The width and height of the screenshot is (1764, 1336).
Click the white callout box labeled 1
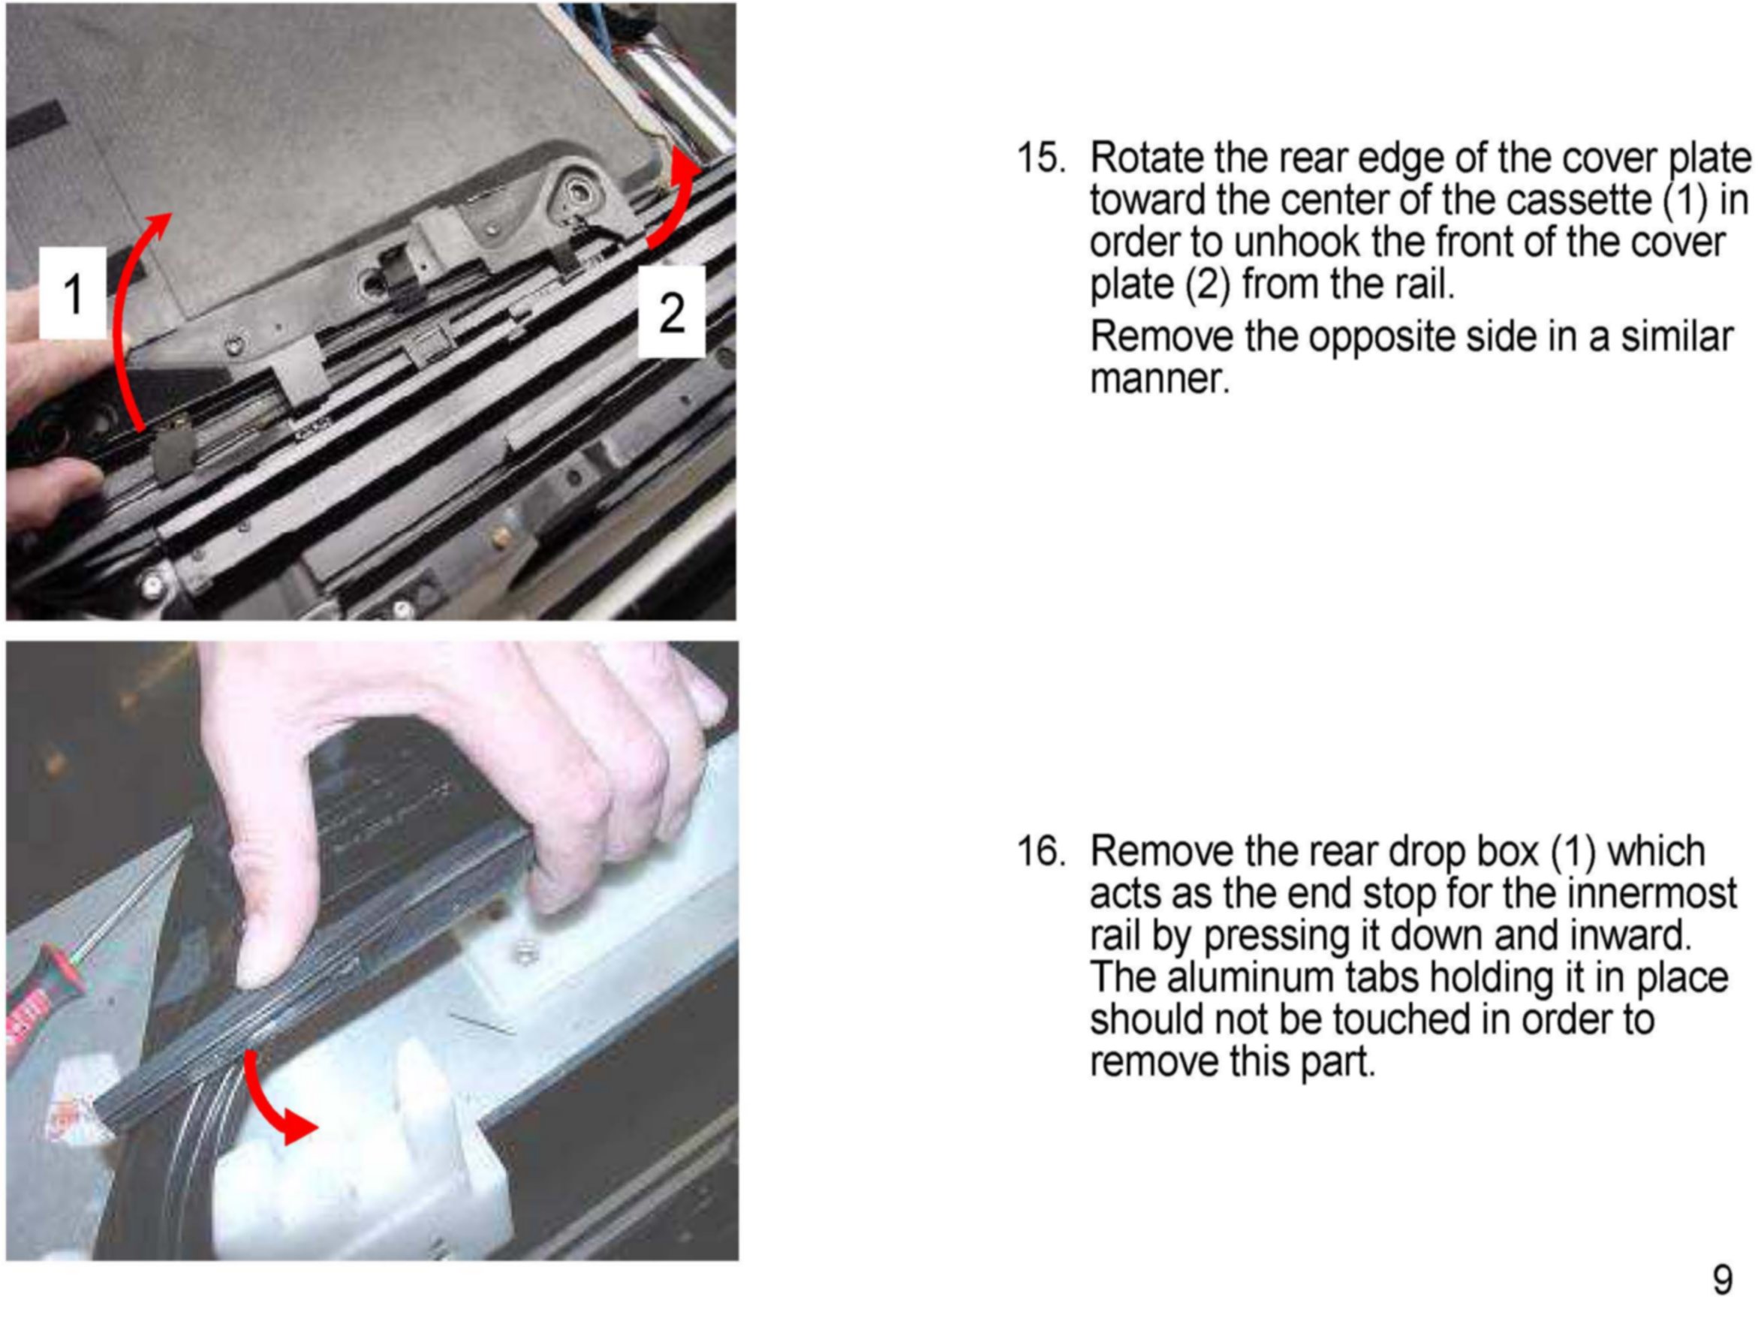[x=73, y=293]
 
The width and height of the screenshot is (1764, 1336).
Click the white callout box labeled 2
[x=672, y=311]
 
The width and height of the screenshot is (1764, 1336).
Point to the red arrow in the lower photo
[x=267, y=1105]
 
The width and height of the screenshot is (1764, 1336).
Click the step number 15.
[x=1040, y=157]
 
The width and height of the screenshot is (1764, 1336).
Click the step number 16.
[x=1040, y=851]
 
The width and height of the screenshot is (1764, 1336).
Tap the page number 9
[x=1723, y=1280]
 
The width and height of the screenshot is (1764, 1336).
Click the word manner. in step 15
[x=1160, y=379]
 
